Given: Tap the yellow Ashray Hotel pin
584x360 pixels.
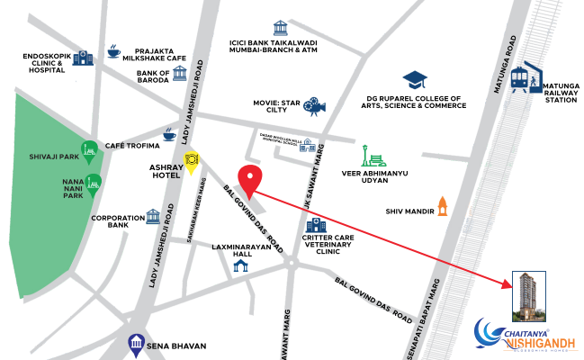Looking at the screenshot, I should point(191,162).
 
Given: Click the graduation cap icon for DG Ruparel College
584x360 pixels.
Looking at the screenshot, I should point(415,81).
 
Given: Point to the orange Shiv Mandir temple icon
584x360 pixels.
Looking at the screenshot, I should point(441,205).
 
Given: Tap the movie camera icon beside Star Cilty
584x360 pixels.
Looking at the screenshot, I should point(313,106).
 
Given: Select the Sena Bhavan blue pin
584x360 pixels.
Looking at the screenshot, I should point(136,343).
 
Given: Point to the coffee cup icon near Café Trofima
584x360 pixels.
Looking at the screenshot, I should point(169,136).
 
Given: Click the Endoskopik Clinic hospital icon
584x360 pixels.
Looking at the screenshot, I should point(83,58).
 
